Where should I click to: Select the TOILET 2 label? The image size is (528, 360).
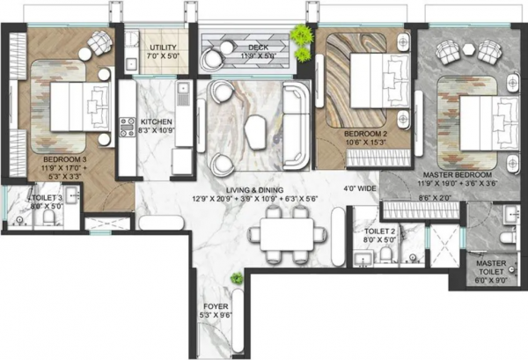point(381,231)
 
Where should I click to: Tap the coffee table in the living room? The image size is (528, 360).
point(256,131)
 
